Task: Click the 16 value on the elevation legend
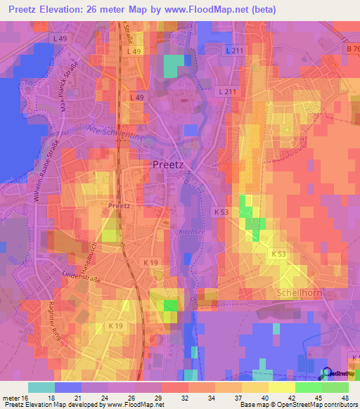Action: click(26, 398)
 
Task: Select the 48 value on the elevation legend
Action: click(344, 398)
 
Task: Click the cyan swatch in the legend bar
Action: click(41, 387)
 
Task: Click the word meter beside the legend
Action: click(11, 398)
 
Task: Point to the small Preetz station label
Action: click(120, 206)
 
